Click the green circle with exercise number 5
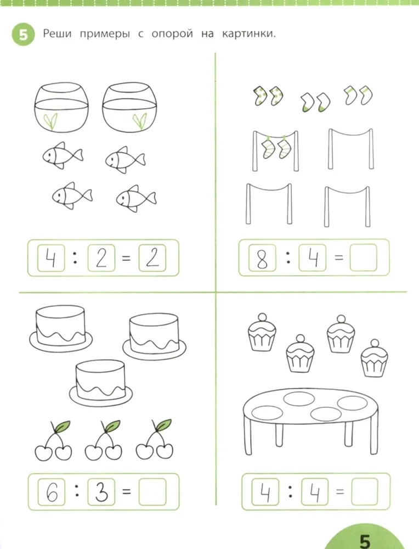tap(23, 34)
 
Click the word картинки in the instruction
tap(248, 34)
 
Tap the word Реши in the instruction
tap(57, 34)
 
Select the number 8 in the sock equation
tap(262, 259)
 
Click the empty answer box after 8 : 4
tap(364, 257)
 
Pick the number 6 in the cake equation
tap(52, 492)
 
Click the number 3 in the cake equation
tap(101, 492)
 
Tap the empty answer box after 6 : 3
tap(152, 492)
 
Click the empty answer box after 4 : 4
tap(365, 492)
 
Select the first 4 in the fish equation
tap(51, 259)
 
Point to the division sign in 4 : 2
tap(75, 259)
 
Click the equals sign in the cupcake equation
tap(339, 492)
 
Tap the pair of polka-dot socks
tap(268, 95)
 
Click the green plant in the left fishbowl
tap(51, 121)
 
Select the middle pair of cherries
tap(104, 440)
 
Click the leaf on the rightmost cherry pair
tap(163, 425)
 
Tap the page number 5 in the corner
tap(365, 541)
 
